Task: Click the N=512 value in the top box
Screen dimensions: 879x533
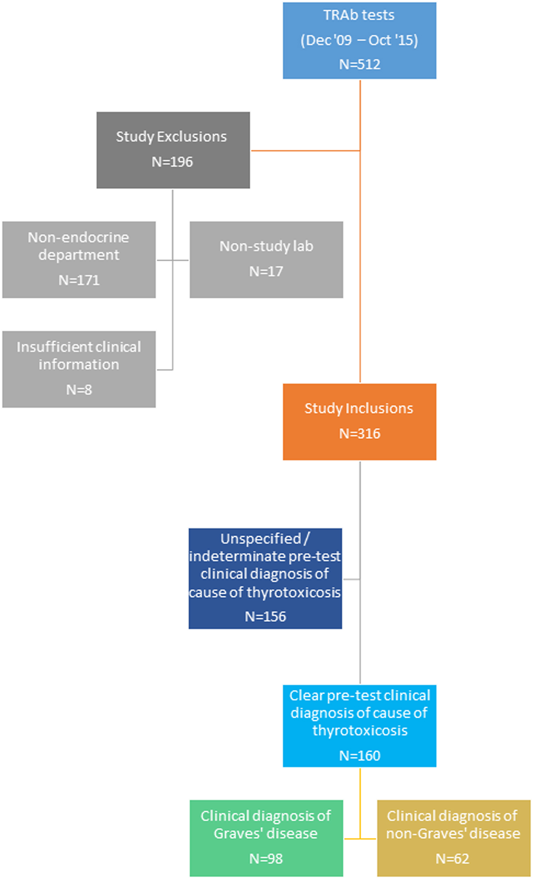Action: pos(359,64)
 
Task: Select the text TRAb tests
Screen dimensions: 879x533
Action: pos(359,15)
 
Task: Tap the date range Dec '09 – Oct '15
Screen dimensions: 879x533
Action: pos(359,40)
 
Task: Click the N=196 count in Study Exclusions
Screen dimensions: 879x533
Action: pos(172,162)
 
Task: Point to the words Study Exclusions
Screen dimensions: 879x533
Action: pos(171,137)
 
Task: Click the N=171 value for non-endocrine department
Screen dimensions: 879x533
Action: pos(79,280)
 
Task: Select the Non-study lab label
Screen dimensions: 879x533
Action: pos(266,246)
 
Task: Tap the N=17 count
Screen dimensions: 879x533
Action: pos(266,271)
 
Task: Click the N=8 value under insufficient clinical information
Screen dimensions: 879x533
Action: pos(79,389)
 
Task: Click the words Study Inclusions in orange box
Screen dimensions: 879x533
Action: pos(359,408)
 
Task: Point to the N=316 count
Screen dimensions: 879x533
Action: pos(359,434)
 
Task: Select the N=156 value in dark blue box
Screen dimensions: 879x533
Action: pos(265,616)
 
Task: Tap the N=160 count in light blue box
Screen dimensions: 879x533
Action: pos(359,755)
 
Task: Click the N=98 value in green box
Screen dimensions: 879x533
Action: pos(266,858)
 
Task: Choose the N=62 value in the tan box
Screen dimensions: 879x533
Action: pos(452,858)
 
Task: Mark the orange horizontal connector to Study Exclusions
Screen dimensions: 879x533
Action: pos(305,150)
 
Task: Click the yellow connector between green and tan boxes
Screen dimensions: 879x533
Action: pos(360,839)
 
